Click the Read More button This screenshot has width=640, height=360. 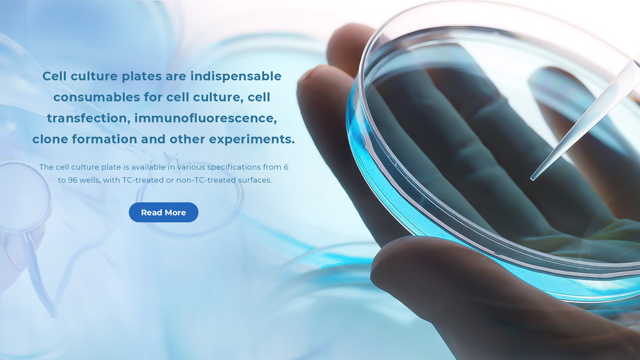click(x=163, y=212)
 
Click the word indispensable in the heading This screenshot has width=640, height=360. click(x=236, y=76)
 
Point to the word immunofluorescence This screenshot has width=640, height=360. click(x=206, y=118)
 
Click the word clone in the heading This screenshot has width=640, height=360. click(x=50, y=139)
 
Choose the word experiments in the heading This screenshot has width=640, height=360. click(x=252, y=139)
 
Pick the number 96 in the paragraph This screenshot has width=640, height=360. click(x=73, y=180)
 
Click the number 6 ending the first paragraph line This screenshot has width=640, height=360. click(x=286, y=167)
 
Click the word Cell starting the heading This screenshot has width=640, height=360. click(x=54, y=76)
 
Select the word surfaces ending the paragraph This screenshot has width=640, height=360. click(x=255, y=180)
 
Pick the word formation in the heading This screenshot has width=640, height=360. click(x=105, y=139)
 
